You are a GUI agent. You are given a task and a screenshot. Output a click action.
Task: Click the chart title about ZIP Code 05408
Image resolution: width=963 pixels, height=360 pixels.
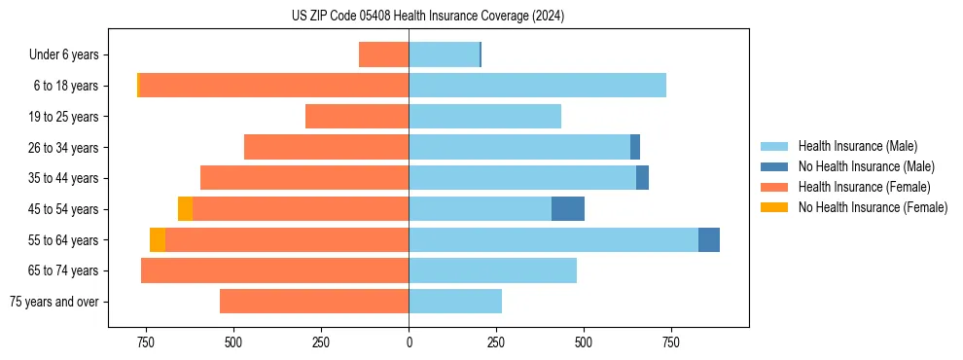pyautogui.click(x=428, y=17)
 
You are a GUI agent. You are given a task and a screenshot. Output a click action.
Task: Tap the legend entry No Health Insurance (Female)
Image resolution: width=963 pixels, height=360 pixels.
pyautogui.click(x=873, y=207)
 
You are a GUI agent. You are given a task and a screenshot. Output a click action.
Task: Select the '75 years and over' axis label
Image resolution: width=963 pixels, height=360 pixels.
pyautogui.click(x=54, y=302)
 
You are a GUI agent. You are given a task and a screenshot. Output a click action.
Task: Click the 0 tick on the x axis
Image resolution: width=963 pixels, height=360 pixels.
pyautogui.click(x=409, y=342)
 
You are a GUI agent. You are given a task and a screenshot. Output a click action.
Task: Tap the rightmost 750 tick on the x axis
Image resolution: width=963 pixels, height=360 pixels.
pyautogui.click(x=671, y=342)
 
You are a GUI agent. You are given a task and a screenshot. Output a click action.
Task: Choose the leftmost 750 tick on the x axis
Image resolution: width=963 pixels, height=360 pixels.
pyautogui.click(x=146, y=342)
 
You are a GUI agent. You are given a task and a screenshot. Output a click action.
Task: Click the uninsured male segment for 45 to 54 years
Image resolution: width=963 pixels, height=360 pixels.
pyautogui.click(x=568, y=209)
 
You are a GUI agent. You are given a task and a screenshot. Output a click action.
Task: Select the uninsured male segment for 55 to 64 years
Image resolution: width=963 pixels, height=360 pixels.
pyautogui.click(x=709, y=240)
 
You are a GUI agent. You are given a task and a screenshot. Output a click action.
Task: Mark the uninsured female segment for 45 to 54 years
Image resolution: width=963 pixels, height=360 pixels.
pyautogui.click(x=185, y=209)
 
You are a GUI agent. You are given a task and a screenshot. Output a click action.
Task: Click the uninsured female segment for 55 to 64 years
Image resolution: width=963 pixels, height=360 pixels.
pyautogui.click(x=158, y=240)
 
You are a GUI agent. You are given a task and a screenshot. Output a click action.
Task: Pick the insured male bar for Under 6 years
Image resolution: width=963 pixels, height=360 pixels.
pyautogui.click(x=444, y=55)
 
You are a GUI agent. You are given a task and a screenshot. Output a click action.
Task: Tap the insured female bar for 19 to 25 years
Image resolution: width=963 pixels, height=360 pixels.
pyautogui.click(x=357, y=117)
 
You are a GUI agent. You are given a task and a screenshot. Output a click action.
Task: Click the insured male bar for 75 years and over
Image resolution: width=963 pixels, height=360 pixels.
pyautogui.click(x=455, y=302)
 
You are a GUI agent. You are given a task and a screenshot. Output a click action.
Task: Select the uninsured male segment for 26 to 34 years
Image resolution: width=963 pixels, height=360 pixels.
pyautogui.click(x=635, y=148)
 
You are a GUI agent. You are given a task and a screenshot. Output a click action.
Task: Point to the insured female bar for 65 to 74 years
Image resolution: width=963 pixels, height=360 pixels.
pyautogui.click(x=274, y=270)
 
